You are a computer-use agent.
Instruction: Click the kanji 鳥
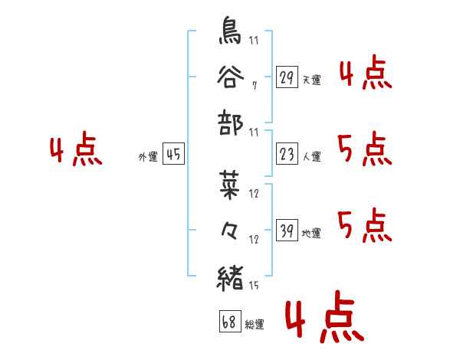(231, 31)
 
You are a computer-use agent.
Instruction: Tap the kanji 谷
(231, 77)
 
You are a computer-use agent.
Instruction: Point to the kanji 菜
(231, 186)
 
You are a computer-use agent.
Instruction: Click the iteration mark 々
(231, 232)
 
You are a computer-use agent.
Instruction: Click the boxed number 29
(287, 77)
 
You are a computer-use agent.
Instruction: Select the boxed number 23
(287, 155)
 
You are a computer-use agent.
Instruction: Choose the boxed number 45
(173, 155)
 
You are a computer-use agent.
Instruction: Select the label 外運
(148, 157)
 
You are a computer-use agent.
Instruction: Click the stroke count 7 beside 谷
(254, 86)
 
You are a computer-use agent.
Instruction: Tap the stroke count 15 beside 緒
(253, 286)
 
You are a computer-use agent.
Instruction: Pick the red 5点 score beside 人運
(364, 149)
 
